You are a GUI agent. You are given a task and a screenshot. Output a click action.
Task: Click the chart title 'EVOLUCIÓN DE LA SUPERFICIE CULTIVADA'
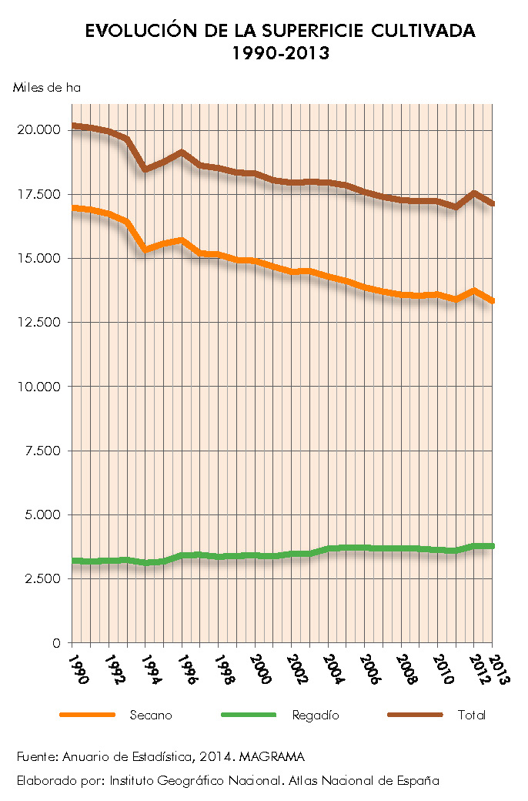click(x=280, y=32)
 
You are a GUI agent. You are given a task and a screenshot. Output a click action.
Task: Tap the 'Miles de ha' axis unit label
click(x=46, y=88)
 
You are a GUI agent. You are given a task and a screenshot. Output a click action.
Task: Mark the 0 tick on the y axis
click(x=56, y=643)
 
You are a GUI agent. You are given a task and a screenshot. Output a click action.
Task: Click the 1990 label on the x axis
click(x=77, y=669)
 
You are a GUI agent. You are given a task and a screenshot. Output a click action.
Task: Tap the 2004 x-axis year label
click(x=333, y=669)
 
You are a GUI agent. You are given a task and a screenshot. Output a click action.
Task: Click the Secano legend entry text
click(x=151, y=716)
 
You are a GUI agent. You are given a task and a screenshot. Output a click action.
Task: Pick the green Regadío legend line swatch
click(x=248, y=715)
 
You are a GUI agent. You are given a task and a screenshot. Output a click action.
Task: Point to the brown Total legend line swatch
click(x=416, y=715)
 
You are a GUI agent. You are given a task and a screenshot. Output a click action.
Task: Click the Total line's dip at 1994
click(x=145, y=169)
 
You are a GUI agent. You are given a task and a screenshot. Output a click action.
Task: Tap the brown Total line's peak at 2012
click(x=474, y=193)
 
